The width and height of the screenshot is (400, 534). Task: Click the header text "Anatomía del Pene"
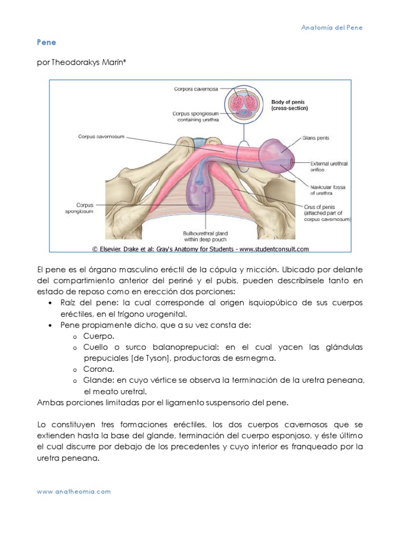(x=332, y=27)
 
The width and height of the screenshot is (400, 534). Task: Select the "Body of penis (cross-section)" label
(x=290, y=105)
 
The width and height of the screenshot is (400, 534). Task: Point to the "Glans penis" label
(x=316, y=138)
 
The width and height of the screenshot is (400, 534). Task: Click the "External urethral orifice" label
(x=329, y=167)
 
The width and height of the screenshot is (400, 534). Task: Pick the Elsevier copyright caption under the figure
(x=201, y=249)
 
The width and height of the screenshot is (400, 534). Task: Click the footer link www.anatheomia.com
(x=73, y=491)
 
